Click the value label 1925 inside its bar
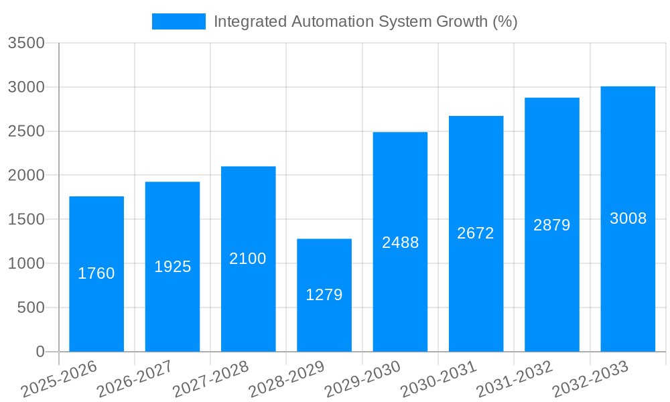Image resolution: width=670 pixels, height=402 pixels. [x=173, y=267]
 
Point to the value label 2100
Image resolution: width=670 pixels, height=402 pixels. [x=248, y=259]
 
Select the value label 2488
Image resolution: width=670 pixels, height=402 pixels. [x=400, y=243]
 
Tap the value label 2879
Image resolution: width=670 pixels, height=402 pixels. [x=552, y=225]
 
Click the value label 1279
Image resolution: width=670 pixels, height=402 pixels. [x=324, y=295]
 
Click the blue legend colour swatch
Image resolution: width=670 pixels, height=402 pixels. [x=179, y=21]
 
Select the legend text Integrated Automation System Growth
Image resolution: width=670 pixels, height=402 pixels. [x=365, y=21]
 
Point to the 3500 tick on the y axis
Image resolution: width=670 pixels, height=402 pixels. [x=26, y=43]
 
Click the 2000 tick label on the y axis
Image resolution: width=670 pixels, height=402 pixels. [x=26, y=176]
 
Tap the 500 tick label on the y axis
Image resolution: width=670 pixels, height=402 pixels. [x=31, y=308]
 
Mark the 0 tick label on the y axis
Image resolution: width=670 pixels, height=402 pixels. [x=40, y=352]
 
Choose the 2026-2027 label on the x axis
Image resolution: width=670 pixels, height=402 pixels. [x=135, y=379]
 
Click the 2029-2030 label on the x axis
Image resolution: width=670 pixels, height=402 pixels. [x=362, y=379]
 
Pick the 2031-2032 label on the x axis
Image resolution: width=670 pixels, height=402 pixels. [x=515, y=379]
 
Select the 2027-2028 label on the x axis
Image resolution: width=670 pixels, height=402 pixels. [x=210, y=379]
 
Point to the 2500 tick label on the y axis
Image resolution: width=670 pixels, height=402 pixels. [x=26, y=131]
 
